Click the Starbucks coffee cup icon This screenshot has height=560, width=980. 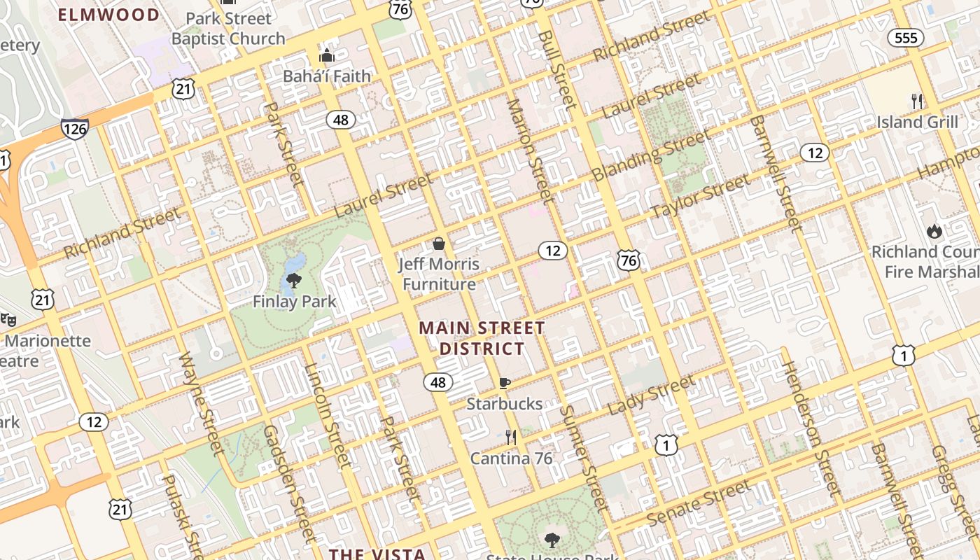[x=504, y=383]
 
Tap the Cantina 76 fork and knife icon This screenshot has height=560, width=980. [x=511, y=437]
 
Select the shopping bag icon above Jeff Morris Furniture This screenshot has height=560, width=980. [x=439, y=244]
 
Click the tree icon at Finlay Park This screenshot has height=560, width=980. [x=294, y=281]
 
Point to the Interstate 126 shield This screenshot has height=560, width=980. [x=74, y=128]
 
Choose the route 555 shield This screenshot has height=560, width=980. [x=906, y=38]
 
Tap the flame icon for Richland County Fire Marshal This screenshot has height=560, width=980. [x=934, y=231]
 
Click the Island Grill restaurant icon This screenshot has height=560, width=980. [x=917, y=101]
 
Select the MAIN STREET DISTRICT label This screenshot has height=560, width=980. [x=482, y=338]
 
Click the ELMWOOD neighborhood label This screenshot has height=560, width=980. [x=108, y=15]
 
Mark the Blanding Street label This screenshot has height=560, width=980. [x=650, y=155]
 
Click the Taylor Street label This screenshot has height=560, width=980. [x=699, y=197]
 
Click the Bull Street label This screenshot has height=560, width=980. [x=556, y=69]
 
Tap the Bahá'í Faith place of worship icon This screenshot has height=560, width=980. [x=327, y=55]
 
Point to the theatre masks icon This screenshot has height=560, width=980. [x=8, y=320]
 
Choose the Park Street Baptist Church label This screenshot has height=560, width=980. [x=228, y=29]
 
